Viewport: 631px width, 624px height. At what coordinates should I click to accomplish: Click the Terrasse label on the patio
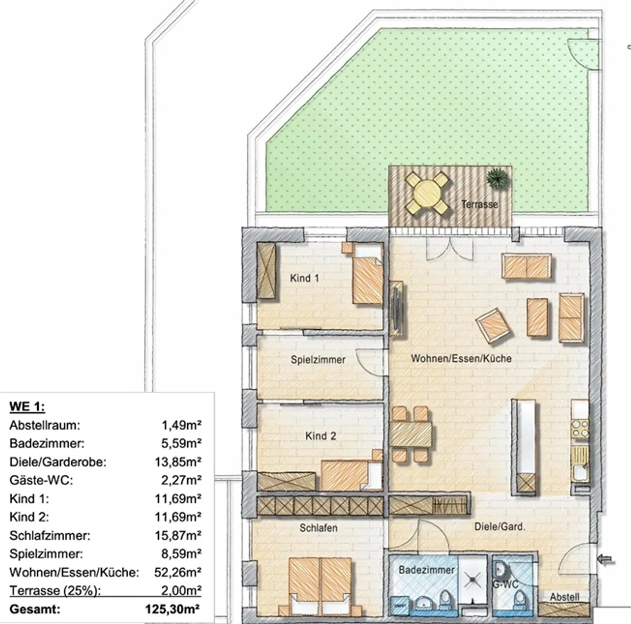(x=479, y=204)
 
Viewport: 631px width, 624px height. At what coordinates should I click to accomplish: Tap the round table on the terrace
(x=427, y=193)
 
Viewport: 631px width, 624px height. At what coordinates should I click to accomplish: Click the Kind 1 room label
(x=305, y=278)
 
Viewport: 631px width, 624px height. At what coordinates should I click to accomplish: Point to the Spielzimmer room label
(x=318, y=360)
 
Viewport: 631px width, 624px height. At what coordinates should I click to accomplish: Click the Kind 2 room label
(x=321, y=436)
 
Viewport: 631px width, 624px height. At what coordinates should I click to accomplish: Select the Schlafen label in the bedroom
(x=319, y=528)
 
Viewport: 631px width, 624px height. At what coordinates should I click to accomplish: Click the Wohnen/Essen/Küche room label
(x=461, y=359)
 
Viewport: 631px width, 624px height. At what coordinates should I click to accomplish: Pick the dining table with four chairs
(x=411, y=434)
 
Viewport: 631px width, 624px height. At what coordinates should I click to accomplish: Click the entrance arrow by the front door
(x=606, y=560)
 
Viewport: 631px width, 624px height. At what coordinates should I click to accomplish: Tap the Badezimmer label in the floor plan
(x=420, y=570)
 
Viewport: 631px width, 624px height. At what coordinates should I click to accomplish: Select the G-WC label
(x=505, y=584)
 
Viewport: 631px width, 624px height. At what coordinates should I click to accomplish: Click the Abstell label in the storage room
(x=564, y=597)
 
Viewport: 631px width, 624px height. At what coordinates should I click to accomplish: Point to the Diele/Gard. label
(x=500, y=527)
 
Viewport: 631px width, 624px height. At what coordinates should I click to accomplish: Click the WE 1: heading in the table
(x=27, y=406)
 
